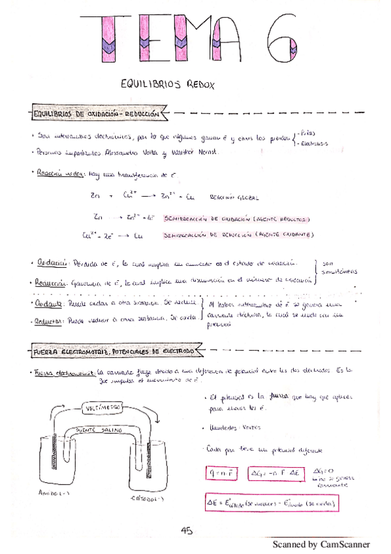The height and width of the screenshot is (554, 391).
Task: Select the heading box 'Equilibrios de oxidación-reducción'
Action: (x=97, y=114)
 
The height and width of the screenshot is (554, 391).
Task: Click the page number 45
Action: (x=187, y=530)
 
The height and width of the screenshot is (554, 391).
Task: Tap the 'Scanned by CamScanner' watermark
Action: (x=321, y=544)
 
